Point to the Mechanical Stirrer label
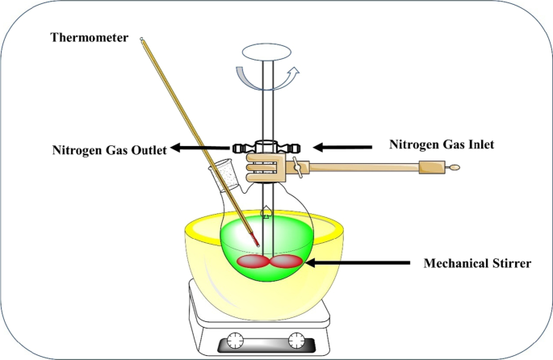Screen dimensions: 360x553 click(476, 263)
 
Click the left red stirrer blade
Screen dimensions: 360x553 click(252, 262)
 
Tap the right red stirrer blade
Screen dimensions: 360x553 click(287, 262)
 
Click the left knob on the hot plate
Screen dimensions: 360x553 click(235, 340)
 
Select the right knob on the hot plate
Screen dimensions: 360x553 click(298, 340)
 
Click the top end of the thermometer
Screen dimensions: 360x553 click(143, 40)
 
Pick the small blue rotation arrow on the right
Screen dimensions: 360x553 click(292, 75)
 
